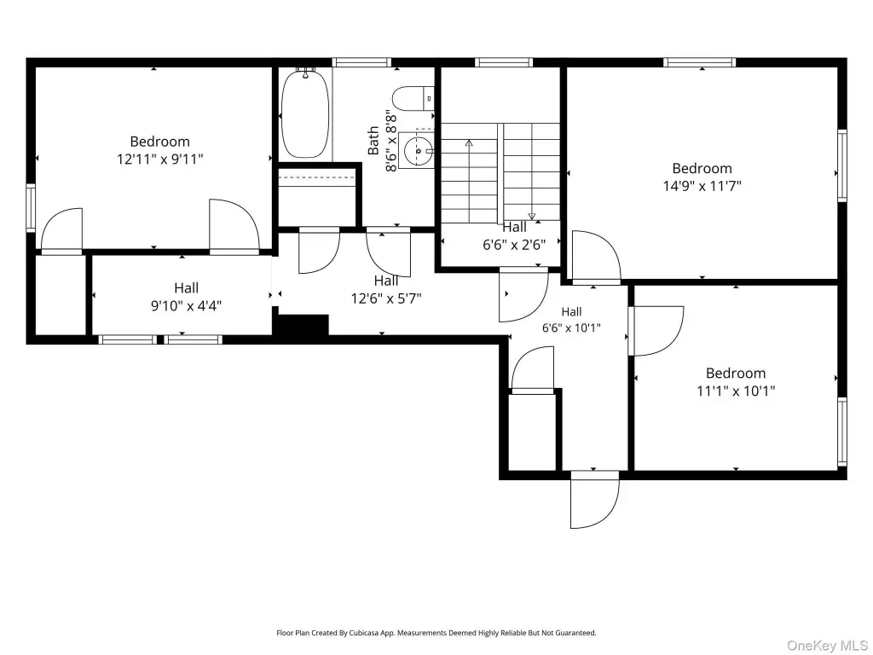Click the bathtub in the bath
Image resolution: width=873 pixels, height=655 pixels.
click(305, 113)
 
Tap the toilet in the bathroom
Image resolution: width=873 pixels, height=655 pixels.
click(413, 99)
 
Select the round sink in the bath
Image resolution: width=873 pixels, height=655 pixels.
click(419, 150)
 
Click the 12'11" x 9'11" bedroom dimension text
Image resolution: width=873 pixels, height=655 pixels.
click(159, 159)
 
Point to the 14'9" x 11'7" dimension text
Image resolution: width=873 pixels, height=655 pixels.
click(702, 186)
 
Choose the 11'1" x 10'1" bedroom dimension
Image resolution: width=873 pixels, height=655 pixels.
click(736, 391)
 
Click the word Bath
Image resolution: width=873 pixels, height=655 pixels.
click(373, 141)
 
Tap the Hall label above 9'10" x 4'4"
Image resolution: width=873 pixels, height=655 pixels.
click(186, 288)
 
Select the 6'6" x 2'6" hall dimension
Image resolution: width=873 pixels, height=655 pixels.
click(514, 245)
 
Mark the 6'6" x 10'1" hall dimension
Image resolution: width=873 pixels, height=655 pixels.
click(571, 328)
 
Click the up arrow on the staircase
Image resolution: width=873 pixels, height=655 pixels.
click(469, 181)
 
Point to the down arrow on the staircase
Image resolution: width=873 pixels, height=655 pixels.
click(532, 171)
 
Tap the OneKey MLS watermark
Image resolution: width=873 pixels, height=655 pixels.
click(826, 645)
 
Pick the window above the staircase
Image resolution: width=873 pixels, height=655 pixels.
click(503, 62)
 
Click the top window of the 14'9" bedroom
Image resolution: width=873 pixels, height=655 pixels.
click(699, 62)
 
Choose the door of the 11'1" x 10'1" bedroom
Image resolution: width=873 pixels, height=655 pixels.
click(656, 331)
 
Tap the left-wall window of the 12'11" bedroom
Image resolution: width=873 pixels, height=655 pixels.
click(31, 208)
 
